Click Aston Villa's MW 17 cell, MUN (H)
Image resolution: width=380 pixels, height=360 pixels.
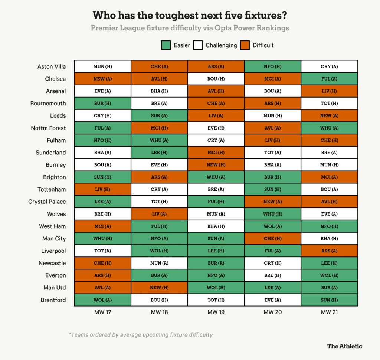coord(102,67)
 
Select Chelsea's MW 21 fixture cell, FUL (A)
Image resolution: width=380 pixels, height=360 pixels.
coord(329,79)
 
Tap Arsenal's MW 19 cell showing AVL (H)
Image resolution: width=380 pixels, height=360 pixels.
coord(216,91)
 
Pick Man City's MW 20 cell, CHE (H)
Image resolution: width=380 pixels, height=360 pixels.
coord(272,238)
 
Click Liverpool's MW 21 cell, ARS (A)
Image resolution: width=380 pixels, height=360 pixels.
coord(329,251)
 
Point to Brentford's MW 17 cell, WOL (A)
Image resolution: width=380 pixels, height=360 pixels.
coord(102,300)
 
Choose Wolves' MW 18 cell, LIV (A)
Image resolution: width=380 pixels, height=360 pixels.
coord(159,214)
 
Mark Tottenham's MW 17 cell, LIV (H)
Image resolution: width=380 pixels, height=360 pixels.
coord(102,189)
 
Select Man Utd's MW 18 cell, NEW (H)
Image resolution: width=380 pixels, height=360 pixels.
coord(159,288)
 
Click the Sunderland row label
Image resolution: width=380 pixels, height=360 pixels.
coord(51,153)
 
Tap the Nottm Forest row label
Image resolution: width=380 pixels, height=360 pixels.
coord(49,128)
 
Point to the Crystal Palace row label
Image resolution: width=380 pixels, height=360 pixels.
coord(47,202)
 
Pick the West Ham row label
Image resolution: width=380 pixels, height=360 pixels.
coord(52,226)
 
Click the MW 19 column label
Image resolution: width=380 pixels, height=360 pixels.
coord(216,312)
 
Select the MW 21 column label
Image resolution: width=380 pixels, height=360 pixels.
coord(329,312)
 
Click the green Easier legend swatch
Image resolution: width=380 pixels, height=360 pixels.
coord(166,45)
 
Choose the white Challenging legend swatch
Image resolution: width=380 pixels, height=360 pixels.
coord(198,45)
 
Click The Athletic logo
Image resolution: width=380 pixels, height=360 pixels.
coord(344,346)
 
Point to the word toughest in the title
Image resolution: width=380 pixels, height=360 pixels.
coord(160,16)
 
